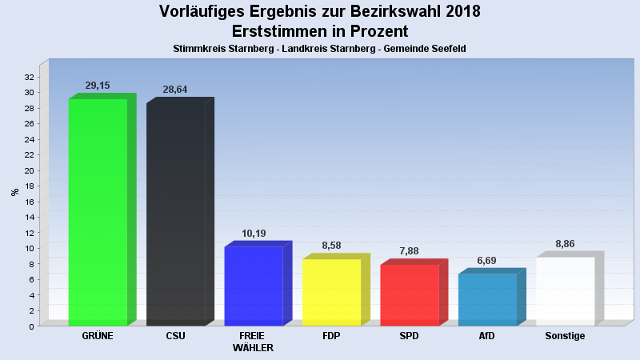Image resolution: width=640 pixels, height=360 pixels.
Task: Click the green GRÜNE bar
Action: (98, 212)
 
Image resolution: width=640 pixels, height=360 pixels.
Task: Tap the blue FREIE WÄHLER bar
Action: (254, 286)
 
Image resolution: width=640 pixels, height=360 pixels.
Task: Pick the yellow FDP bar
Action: (331, 292)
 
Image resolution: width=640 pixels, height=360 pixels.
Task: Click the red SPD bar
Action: (410, 294)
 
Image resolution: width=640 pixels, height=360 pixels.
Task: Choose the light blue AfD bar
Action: (487, 299)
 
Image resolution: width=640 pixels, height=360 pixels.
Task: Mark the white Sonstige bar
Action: (565, 291)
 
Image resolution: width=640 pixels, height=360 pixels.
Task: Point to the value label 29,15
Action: (98, 85)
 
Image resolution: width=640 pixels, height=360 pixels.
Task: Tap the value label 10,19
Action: (254, 234)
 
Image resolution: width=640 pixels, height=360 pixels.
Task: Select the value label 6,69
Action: (487, 261)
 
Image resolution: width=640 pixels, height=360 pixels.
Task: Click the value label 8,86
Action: (565, 244)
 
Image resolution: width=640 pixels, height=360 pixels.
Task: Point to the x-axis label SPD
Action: (409, 336)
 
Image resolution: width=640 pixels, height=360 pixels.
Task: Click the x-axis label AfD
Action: (487, 336)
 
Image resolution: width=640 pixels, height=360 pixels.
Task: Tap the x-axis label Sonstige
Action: (565, 336)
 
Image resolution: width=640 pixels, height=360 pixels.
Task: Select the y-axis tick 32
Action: (28, 77)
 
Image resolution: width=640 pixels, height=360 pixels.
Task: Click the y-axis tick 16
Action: (28, 202)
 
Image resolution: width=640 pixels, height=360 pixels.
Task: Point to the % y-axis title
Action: (14, 192)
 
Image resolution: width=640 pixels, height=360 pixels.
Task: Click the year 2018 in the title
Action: (458, 11)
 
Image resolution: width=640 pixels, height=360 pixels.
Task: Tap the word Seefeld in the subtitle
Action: (448, 49)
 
